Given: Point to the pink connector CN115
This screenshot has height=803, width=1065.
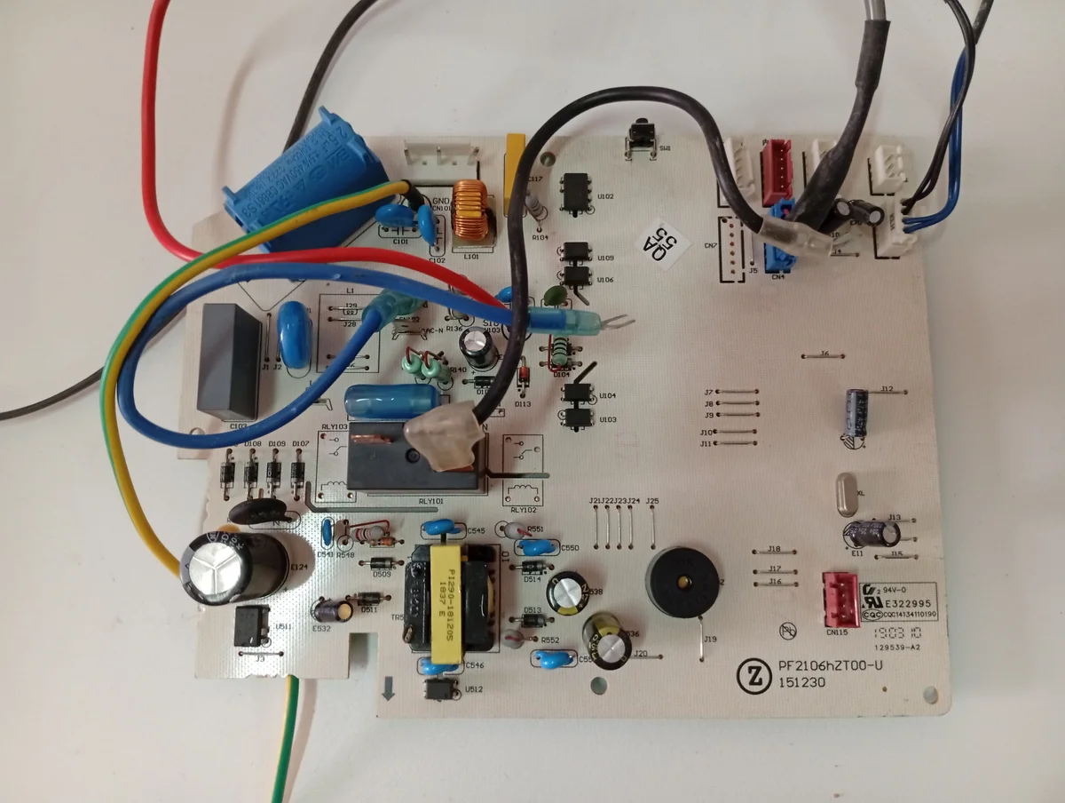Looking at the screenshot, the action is click(839, 596).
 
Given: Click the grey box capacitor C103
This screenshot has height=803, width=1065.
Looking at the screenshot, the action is click(229, 361).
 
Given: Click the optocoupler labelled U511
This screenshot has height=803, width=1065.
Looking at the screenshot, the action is click(252, 626).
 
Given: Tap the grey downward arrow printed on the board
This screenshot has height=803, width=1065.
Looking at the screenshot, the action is click(388, 688).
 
